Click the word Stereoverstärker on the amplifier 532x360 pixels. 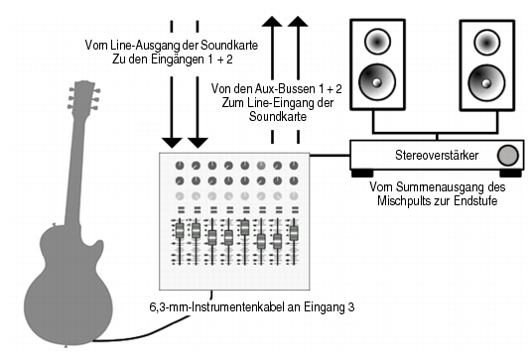pyautogui.click(x=437, y=156)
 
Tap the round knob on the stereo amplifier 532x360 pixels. pyautogui.click(x=508, y=156)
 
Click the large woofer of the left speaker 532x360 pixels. pyautogui.click(x=377, y=82)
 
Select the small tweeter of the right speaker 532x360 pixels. pyautogui.click(x=486, y=43)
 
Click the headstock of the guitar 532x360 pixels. pyautogui.click(x=83, y=95)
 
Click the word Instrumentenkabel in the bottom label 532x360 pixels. pyautogui.click(x=238, y=307)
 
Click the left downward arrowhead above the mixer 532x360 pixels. pyautogui.click(x=172, y=143)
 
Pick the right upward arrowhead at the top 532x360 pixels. pyautogui.click(x=298, y=21)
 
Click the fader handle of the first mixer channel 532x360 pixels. pyautogui.click(x=180, y=230)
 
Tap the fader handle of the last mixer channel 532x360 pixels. pyautogui.click(x=294, y=233)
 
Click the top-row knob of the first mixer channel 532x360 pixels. pyautogui.click(x=180, y=166)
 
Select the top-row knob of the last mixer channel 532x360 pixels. pyautogui.click(x=294, y=166)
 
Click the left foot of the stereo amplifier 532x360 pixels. pyautogui.click(x=362, y=174)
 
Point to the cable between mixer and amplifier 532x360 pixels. pyautogui.click(x=330, y=156)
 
